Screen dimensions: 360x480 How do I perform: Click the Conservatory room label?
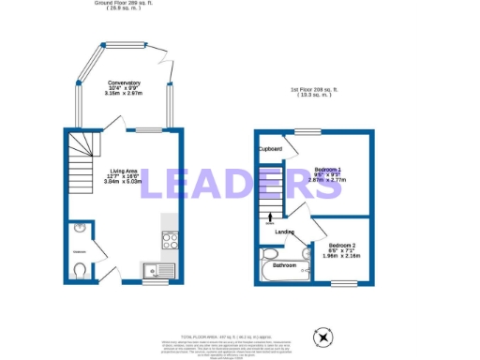pos(124,83)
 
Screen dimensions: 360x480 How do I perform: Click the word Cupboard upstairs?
pos(271,148)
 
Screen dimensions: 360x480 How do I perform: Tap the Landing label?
pos(285,232)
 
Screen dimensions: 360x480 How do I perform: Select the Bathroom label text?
pos(285,265)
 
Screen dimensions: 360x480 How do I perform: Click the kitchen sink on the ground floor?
pos(156,271)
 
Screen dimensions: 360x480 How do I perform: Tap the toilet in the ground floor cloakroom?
pos(79,272)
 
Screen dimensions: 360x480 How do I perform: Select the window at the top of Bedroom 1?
pos(303,131)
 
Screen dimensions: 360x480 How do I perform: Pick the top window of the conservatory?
pos(119,44)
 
